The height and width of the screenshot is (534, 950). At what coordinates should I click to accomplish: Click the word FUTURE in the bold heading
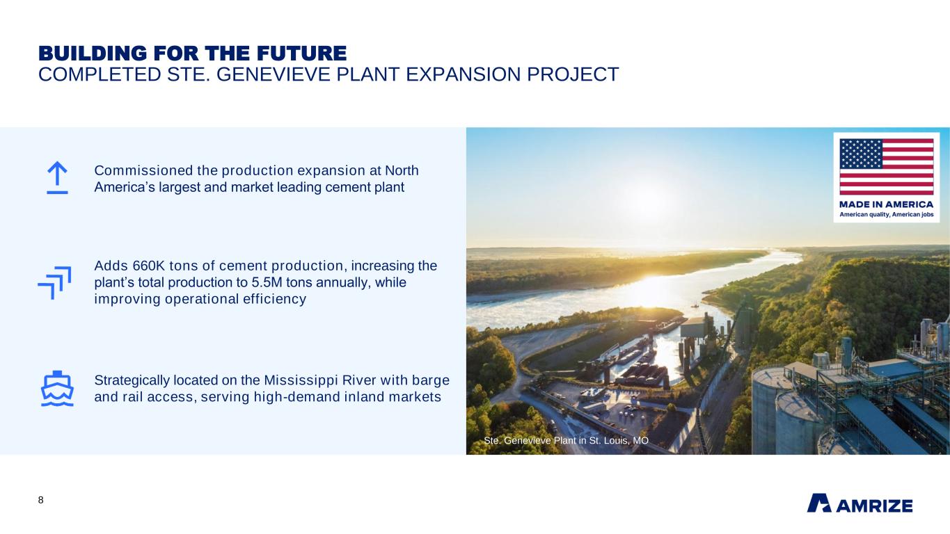pos(301,54)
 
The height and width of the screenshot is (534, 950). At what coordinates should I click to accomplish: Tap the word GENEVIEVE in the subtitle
pos(273,74)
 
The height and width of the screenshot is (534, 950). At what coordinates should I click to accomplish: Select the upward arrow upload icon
pos(57,177)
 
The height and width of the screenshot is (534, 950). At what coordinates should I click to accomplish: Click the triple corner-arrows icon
pos(54,283)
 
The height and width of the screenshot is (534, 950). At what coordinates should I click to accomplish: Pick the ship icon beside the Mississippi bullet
pos(57,388)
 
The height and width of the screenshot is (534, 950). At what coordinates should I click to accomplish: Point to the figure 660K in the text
pos(148,266)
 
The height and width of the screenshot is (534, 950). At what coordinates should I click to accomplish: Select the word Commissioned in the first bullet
pos(144,170)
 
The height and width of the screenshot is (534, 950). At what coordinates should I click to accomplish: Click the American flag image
pos(887,167)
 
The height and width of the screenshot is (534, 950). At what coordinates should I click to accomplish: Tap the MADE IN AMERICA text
pos(887,204)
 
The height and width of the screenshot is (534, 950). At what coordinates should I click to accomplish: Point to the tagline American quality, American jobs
pos(887,214)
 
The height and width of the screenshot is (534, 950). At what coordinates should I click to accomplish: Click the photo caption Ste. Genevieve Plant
pos(567,441)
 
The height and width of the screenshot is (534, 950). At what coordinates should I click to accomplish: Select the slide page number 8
pos(40,500)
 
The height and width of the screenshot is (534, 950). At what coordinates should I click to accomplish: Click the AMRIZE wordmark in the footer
pos(875,505)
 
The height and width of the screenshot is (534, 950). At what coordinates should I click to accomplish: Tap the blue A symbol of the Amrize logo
pos(818,503)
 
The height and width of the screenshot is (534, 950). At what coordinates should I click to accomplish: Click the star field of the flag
pos(861,154)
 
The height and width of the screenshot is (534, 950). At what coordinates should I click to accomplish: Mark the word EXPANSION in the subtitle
pos(463,74)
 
